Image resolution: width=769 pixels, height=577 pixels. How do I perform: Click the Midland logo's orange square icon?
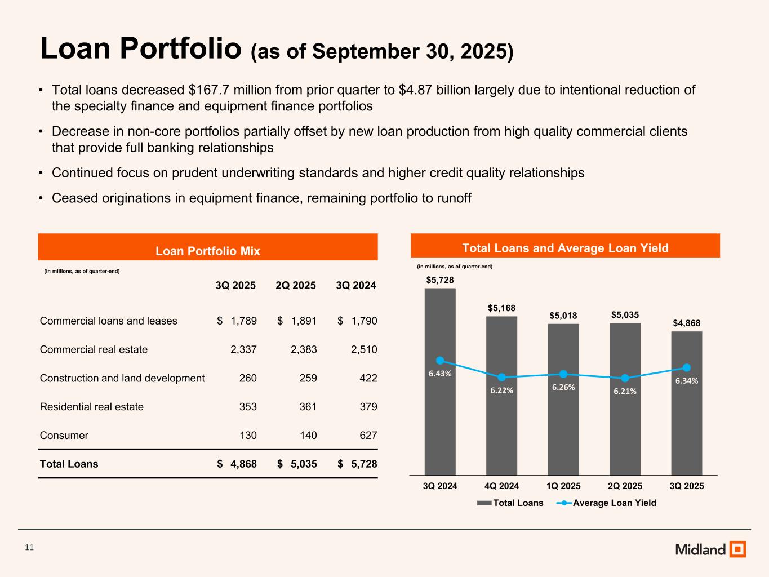pos(737,549)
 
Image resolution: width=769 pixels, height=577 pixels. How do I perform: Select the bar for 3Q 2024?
pos(440,417)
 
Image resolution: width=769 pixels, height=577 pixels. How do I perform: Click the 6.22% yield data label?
pos(501,390)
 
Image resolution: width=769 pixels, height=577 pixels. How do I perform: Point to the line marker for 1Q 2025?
pos(563,374)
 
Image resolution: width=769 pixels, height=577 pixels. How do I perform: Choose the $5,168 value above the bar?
pos(501,308)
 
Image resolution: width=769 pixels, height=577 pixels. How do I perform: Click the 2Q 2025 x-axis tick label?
pos(625,486)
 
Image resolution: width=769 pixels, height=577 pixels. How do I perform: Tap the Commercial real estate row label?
pos(94,349)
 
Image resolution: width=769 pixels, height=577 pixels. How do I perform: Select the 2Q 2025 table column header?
pos(296,286)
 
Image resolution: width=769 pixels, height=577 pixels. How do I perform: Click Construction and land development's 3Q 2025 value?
pos(248,378)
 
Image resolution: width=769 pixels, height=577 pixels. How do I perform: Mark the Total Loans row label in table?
pos(69,464)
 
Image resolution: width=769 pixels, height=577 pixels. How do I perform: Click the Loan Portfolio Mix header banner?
pos(207,251)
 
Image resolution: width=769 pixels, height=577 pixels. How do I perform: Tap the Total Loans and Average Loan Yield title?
pos(565,248)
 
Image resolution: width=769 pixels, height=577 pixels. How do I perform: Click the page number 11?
pos(30,547)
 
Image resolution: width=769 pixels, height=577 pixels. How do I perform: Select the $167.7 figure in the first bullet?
pos(208,90)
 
